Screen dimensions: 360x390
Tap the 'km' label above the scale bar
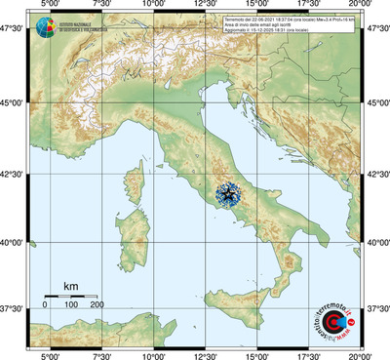pyautogui.click(x=70, y=285)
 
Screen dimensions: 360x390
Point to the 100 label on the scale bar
pyautogui.click(x=71, y=305)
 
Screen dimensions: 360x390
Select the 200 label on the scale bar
pyautogui.click(x=97, y=305)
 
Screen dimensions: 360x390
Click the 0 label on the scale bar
pyautogui.click(x=45, y=305)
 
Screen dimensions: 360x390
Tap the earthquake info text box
pyautogui.click(x=289, y=25)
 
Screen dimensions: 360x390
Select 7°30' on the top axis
pyautogui.click(x=100, y=6)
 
